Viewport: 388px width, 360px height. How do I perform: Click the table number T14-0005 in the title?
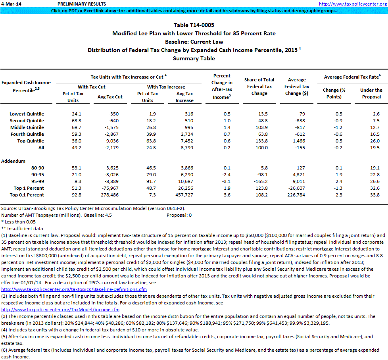click(x=194, y=25)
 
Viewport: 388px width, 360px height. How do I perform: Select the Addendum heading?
click(x=13, y=161)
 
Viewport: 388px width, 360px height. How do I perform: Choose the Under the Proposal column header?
click(x=371, y=93)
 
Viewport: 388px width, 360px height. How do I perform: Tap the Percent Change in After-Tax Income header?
click(x=222, y=87)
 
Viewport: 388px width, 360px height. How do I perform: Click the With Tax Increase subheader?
click(x=166, y=87)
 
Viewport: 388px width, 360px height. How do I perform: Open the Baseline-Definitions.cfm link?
click(x=74, y=289)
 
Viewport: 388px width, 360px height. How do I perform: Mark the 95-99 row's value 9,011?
click(x=299, y=181)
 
